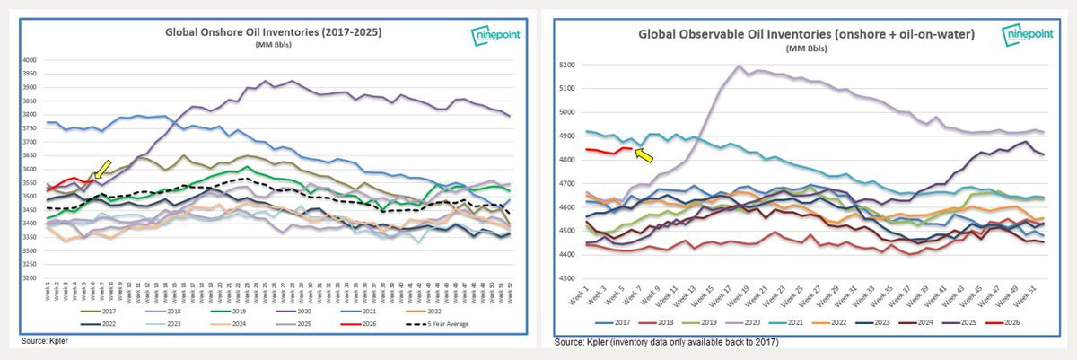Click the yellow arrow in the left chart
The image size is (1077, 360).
coord(101,168)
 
